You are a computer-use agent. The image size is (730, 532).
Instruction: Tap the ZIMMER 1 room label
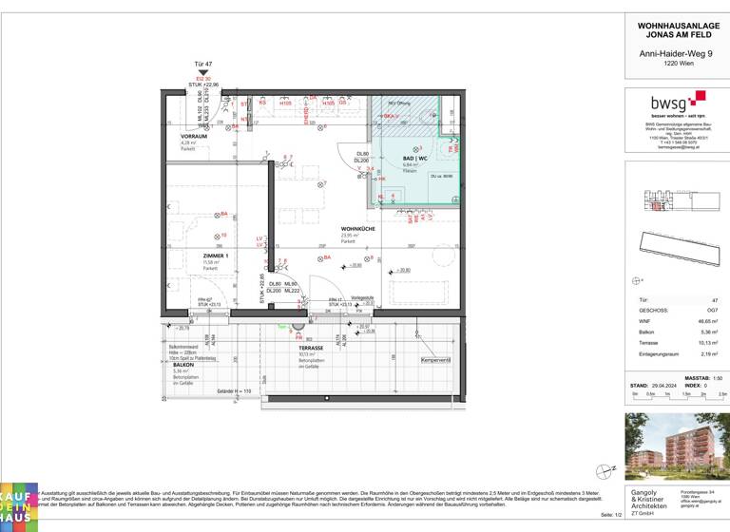[x=216, y=256]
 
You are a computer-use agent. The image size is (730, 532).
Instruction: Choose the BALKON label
[x=185, y=364]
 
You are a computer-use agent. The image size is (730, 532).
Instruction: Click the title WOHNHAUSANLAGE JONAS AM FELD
[x=676, y=28]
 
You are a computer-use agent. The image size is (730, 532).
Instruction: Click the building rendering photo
[x=676, y=446]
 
